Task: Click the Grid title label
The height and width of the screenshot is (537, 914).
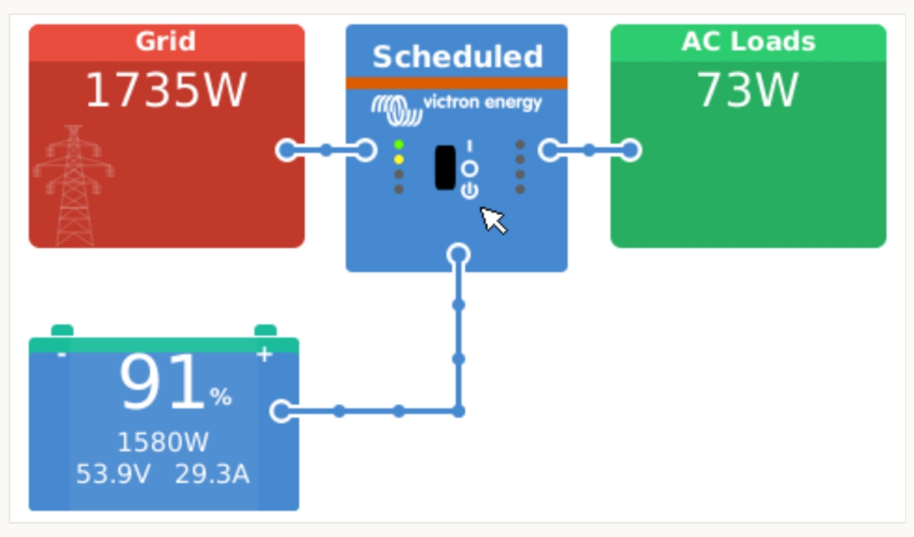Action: [x=166, y=42]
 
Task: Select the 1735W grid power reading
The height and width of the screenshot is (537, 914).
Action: [x=166, y=90]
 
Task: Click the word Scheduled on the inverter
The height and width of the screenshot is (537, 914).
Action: [x=457, y=57]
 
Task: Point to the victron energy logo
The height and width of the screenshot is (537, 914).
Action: [x=456, y=105]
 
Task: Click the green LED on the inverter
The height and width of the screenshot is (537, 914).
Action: [x=399, y=145]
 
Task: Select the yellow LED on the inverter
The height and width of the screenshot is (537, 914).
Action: [x=399, y=159]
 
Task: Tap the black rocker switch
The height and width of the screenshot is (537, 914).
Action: [x=445, y=167]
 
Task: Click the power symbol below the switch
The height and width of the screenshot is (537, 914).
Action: [x=470, y=190]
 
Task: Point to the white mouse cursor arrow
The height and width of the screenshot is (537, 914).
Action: [x=493, y=219]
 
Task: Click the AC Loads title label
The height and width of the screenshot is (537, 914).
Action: [x=748, y=42]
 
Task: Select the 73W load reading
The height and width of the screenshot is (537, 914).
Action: [x=748, y=90]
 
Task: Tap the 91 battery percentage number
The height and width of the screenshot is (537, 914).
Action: [x=163, y=384]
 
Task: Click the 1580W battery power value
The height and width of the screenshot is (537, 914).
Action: [x=163, y=442]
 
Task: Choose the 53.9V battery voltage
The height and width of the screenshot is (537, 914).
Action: [x=113, y=474]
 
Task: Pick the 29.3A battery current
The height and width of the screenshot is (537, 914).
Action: [x=212, y=474]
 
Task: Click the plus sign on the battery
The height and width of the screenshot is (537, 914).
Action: [x=264, y=355]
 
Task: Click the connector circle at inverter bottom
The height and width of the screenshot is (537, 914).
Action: [x=458, y=254]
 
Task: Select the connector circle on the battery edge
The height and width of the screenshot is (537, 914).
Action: [x=281, y=411]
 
